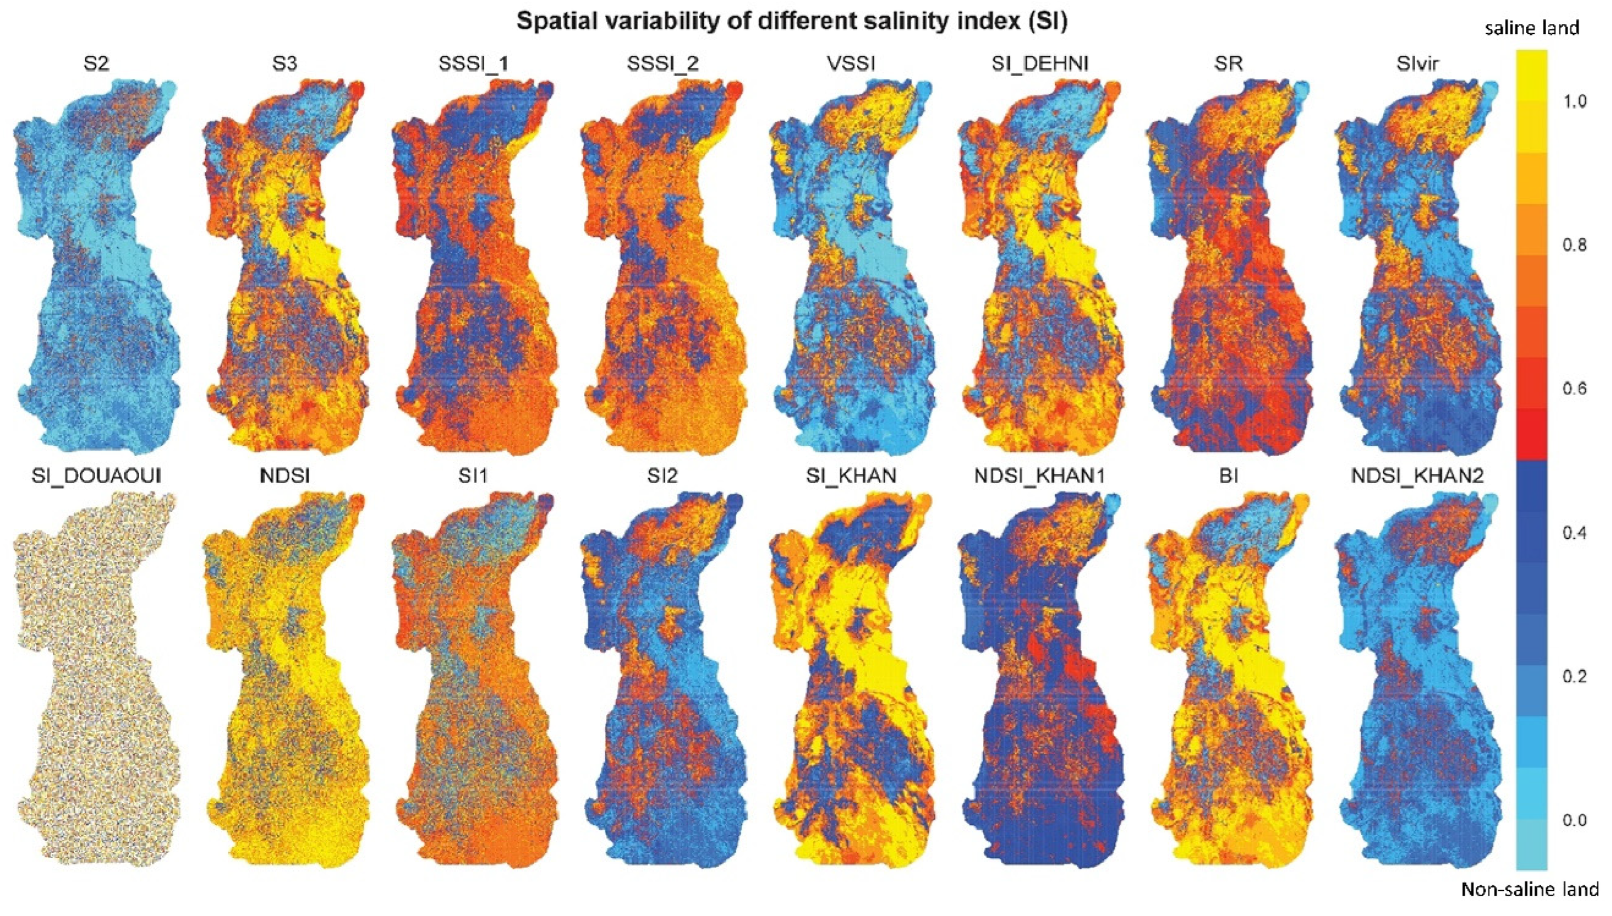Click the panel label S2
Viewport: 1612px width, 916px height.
[96, 64]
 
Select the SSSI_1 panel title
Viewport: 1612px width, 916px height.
[473, 64]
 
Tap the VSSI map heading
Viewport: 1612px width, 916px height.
[851, 64]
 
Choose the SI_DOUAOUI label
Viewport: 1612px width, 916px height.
[96, 476]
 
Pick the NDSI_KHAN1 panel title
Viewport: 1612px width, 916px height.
[1040, 476]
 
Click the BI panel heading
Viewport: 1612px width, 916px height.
[1228, 476]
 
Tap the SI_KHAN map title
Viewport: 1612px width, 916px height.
[851, 476]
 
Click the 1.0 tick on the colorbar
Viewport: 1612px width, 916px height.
[1574, 101]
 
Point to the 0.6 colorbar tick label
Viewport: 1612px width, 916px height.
[1574, 388]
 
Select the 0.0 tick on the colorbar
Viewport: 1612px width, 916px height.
[1574, 820]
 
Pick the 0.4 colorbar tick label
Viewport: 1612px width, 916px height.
[1574, 533]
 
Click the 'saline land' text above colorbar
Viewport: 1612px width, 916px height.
[1531, 28]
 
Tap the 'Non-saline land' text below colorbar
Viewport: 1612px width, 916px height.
[1529, 889]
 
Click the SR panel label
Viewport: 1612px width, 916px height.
[1228, 64]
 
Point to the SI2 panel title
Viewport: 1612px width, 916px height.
[662, 476]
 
